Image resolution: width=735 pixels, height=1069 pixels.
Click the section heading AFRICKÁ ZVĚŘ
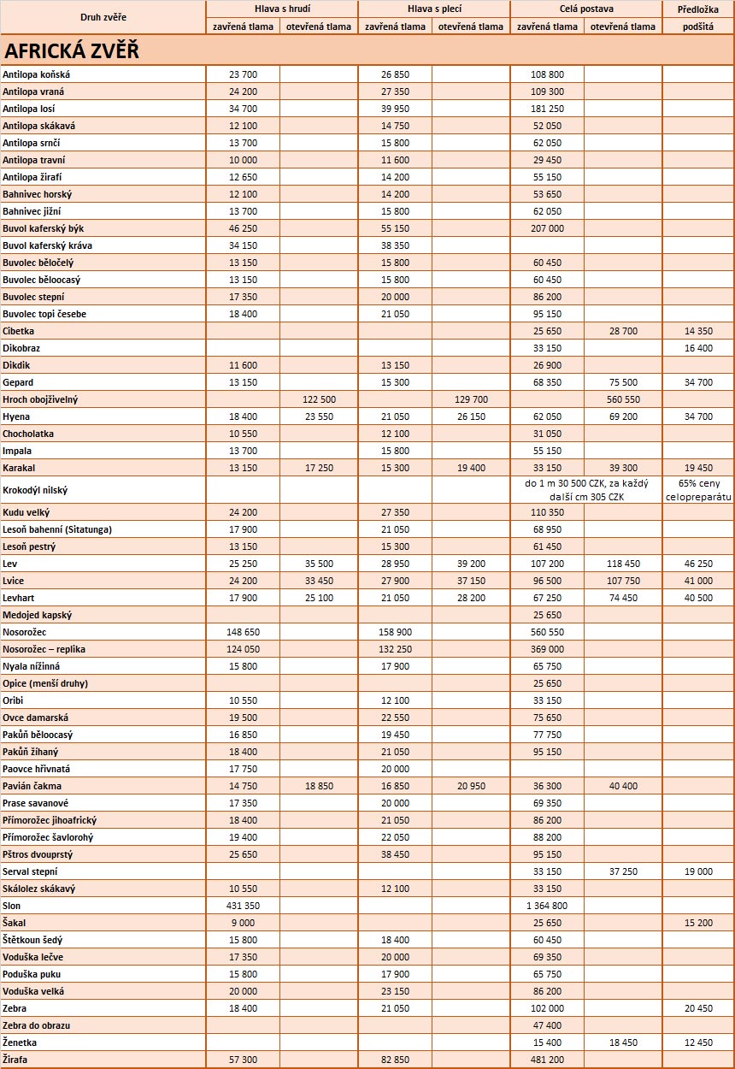point(71,50)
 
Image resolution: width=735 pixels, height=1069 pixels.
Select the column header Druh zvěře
point(103,17)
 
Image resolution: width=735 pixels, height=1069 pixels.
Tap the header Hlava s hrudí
point(282,9)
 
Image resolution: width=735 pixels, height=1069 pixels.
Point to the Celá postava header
point(586,9)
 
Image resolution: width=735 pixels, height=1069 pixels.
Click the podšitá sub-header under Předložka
point(698,27)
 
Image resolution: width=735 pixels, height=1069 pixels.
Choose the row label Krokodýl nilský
point(35,490)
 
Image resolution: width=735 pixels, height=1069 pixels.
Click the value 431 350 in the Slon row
point(237,906)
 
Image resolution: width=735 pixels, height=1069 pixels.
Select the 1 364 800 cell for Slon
point(541,906)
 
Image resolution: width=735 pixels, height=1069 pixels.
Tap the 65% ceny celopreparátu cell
point(698,490)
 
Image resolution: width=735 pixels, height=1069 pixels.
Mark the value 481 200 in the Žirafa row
point(547,1060)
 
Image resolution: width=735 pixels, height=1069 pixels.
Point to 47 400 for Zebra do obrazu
point(547,1025)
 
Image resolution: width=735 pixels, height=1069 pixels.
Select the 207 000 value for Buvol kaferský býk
point(547,228)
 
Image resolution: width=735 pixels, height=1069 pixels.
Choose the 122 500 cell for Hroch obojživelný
point(318,399)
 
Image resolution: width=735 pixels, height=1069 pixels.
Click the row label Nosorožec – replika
point(44,649)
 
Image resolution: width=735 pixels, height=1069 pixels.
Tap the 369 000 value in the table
point(547,649)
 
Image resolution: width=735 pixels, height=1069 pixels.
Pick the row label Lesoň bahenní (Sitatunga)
point(57,529)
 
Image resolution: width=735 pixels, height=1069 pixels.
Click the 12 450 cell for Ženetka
point(698,1042)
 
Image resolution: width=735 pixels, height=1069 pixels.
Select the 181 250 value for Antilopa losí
point(547,109)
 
